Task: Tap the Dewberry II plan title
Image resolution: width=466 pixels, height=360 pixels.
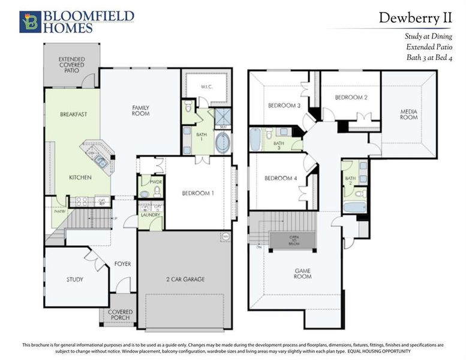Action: [x=414, y=18]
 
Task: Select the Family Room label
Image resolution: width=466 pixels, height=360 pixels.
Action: [x=140, y=110]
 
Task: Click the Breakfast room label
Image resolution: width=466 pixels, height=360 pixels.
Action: [x=74, y=114]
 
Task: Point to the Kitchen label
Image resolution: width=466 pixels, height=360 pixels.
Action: [x=79, y=178]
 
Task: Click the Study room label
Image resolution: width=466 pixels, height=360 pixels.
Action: [x=75, y=280]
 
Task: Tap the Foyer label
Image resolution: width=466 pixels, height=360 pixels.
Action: [x=123, y=264]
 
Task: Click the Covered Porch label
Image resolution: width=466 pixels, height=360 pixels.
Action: [x=121, y=316]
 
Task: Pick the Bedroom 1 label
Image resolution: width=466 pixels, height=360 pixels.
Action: [x=198, y=193]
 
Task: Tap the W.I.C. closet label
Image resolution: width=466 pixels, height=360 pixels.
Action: [x=207, y=87]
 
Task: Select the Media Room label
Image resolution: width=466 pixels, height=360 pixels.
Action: [x=409, y=114]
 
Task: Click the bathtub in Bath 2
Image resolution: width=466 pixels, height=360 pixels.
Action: [x=354, y=208]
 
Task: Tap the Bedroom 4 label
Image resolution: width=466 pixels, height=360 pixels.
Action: [x=280, y=178]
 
